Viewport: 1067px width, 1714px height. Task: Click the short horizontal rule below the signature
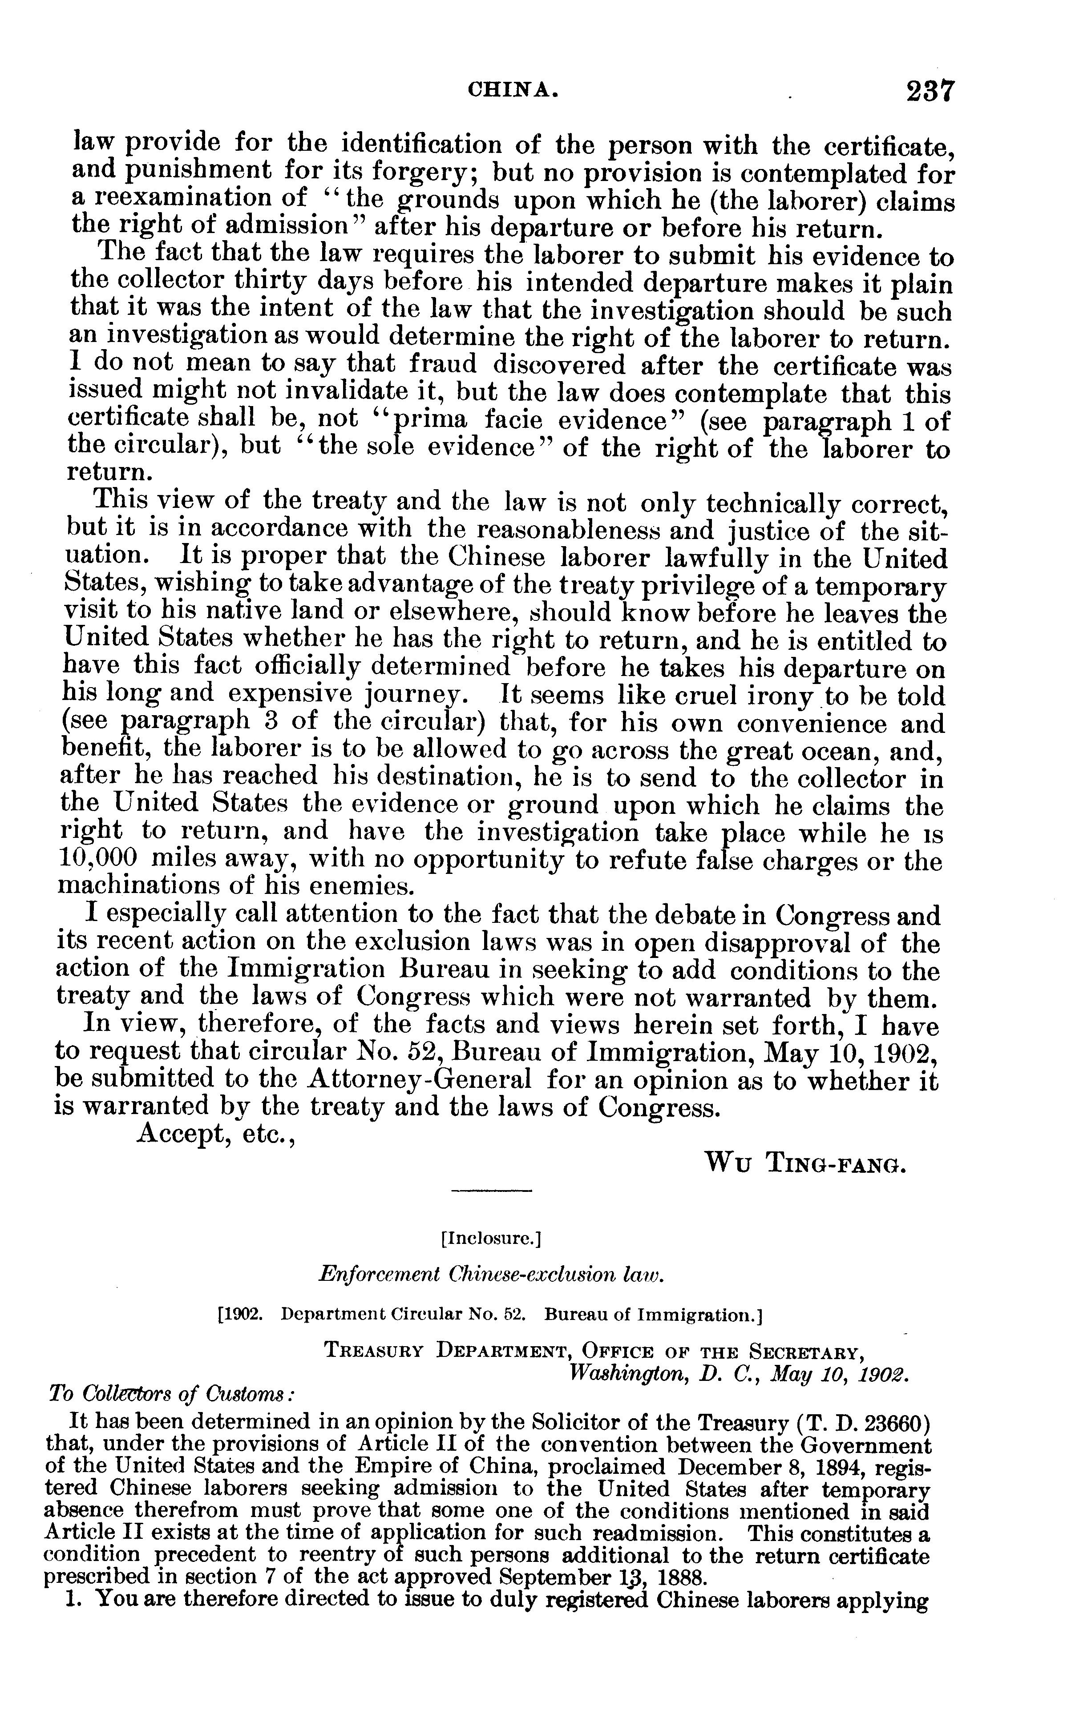coord(491,1191)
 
